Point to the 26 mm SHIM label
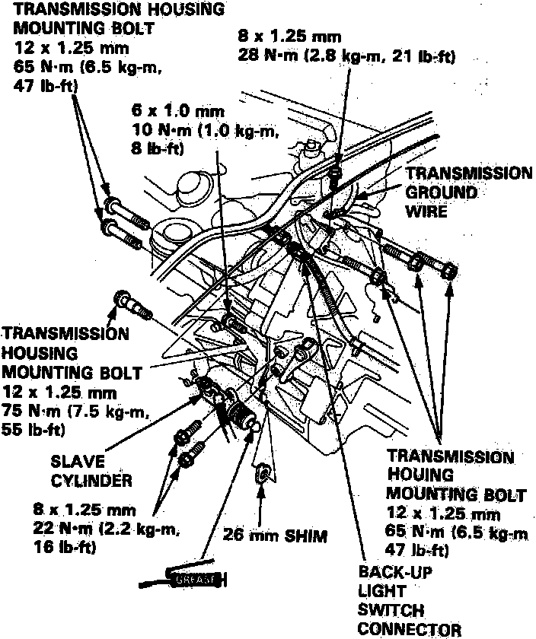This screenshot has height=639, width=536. [x=275, y=536]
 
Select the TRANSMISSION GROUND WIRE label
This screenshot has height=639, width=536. [x=468, y=192]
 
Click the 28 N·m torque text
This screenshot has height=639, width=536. [x=266, y=56]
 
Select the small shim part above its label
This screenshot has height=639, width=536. [x=259, y=473]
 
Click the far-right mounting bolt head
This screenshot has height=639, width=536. [x=450, y=271]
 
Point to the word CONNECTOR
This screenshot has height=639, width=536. [x=409, y=629]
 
